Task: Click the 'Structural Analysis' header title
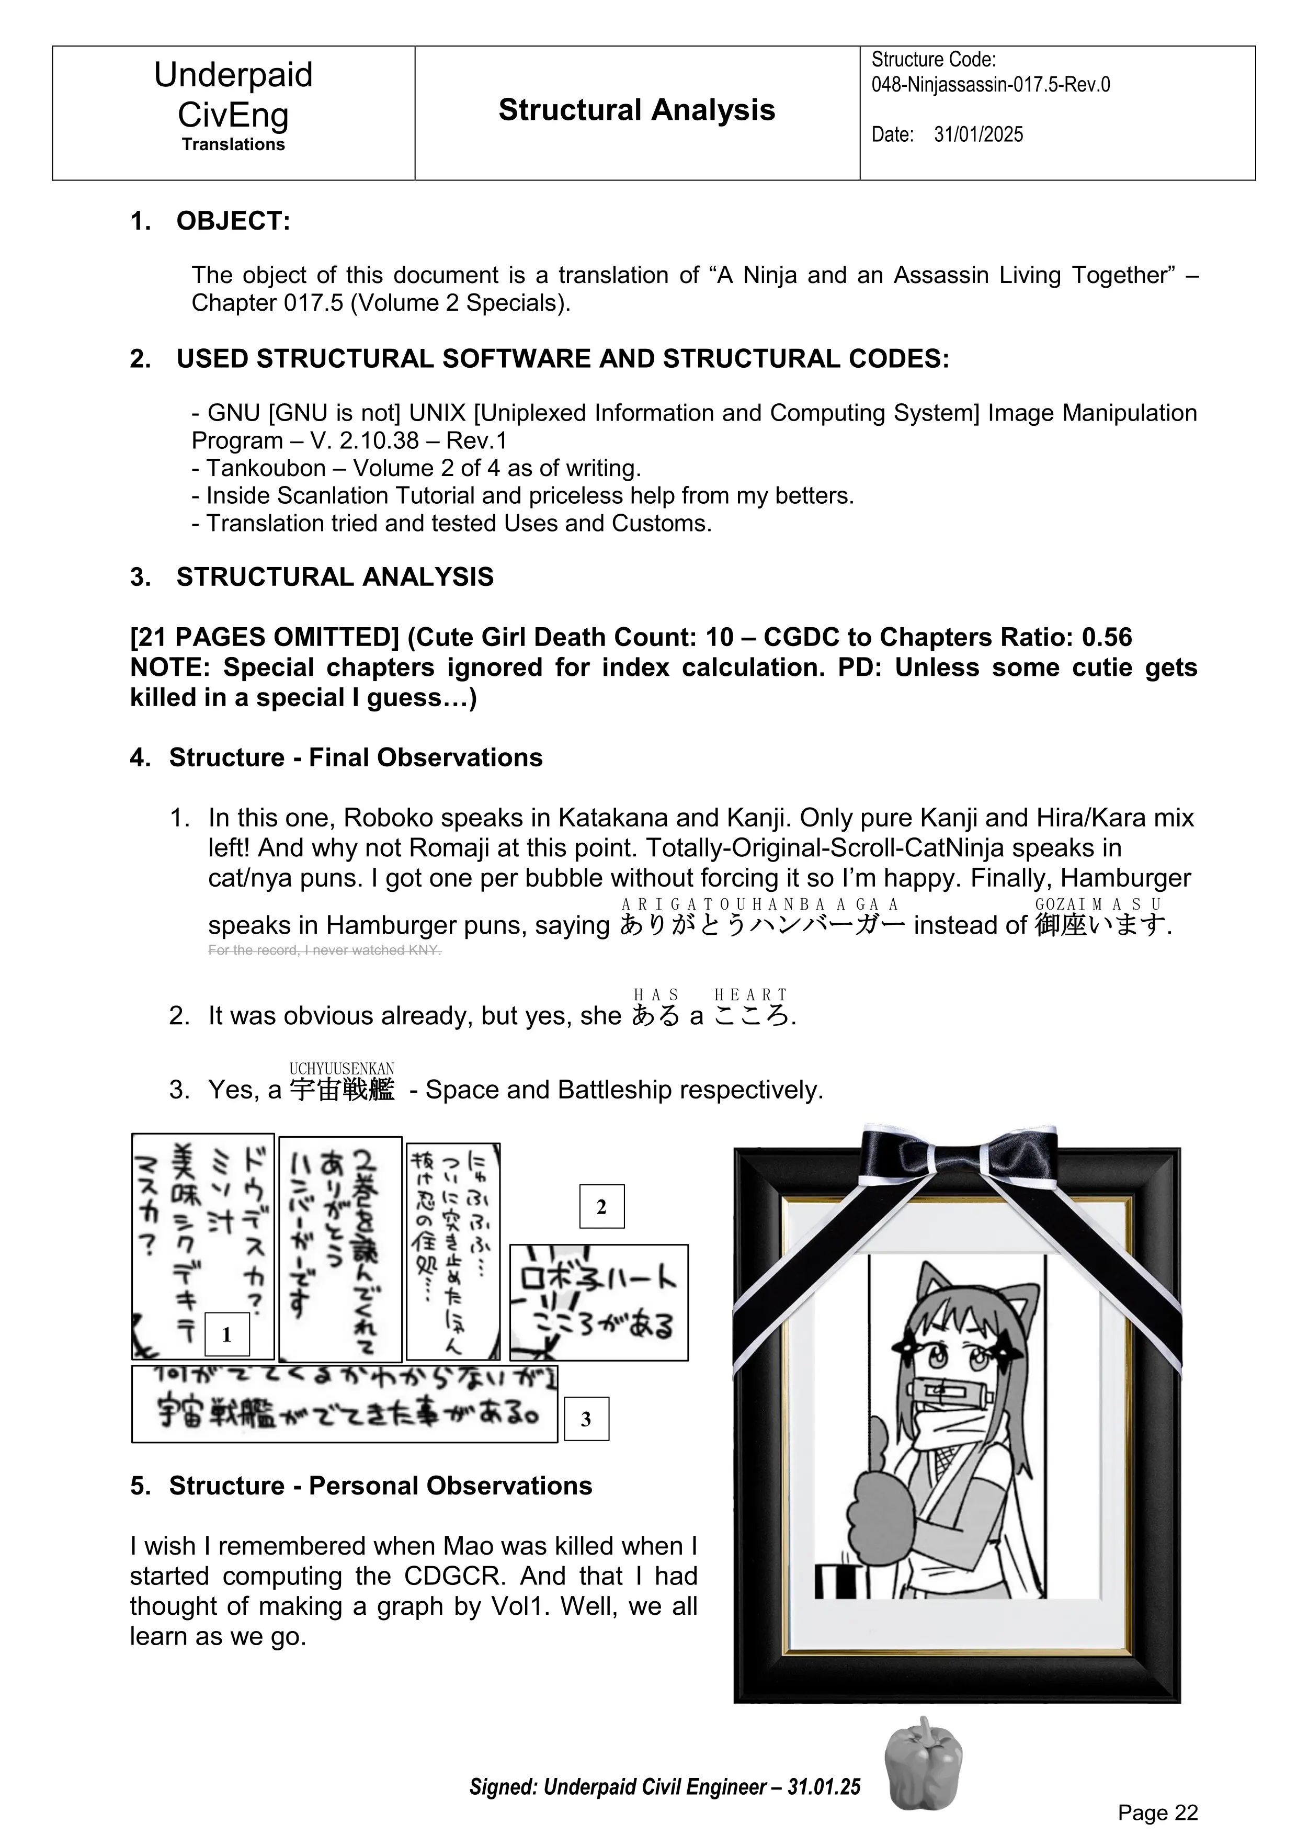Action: [636, 110]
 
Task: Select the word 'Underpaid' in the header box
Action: [233, 75]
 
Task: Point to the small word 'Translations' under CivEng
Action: [233, 145]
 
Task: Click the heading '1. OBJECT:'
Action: [210, 221]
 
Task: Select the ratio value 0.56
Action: [1106, 637]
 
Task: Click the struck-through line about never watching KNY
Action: [324, 950]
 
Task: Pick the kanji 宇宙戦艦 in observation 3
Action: [342, 1089]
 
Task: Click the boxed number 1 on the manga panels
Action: [227, 1335]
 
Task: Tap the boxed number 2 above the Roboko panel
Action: [602, 1207]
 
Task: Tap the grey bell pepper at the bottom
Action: [924, 1765]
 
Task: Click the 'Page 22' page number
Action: [1158, 1813]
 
